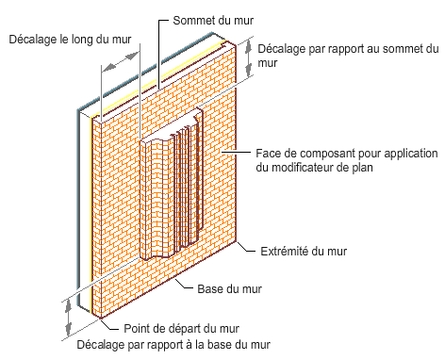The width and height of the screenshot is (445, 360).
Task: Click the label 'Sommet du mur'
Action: pyautogui.click(x=213, y=21)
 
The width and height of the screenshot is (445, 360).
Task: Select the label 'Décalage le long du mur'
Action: pyautogui.click(x=70, y=40)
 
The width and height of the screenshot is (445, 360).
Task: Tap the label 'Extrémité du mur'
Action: pyautogui.click(x=304, y=252)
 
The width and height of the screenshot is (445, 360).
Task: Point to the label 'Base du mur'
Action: pyautogui.click(x=229, y=289)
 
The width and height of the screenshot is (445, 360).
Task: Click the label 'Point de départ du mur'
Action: pyautogui.click(x=181, y=329)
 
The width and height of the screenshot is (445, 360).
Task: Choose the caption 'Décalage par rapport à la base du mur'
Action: pyautogui.click(x=173, y=345)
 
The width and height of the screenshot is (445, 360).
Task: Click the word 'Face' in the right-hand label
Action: pyautogui.click(x=267, y=154)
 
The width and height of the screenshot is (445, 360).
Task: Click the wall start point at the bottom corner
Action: pyautogui.click(x=101, y=318)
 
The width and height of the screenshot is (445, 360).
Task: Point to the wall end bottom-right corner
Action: pyautogui.click(x=237, y=241)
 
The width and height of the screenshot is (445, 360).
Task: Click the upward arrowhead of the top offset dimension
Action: pyautogui.click(x=249, y=46)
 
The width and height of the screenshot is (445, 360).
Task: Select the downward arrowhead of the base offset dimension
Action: pyautogui.click(x=68, y=329)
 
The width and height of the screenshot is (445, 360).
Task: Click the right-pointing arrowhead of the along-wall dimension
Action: pyautogui.click(x=132, y=56)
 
